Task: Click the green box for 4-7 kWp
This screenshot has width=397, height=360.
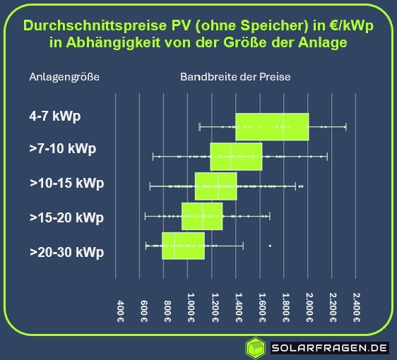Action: [272, 126]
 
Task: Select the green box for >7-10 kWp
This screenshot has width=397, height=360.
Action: [236, 157]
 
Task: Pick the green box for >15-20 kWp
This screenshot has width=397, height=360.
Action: [202, 216]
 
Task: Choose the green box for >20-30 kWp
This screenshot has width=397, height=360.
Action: [183, 246]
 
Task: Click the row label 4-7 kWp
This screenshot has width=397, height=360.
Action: [56, 115]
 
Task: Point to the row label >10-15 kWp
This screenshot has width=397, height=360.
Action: [66, 183]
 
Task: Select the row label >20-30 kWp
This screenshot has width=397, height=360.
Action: [66, 252]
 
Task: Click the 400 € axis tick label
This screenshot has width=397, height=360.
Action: [120, 308]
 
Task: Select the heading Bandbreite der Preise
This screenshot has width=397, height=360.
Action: [235, 77]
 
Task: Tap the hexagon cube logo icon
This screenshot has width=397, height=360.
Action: [255, 347]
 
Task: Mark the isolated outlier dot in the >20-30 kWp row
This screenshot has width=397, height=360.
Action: [270, 246]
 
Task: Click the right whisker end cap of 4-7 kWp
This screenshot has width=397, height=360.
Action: [345, 126]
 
